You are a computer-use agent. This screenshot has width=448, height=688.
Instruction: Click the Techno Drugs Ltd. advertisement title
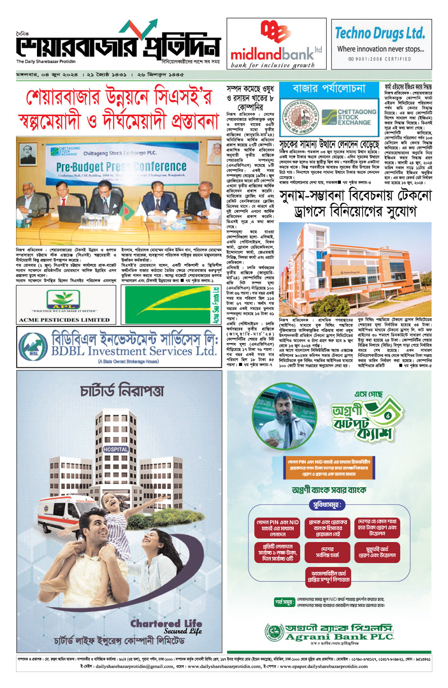[380, 33]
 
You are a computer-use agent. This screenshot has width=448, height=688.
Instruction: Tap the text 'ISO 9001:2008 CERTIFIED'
[380, 59]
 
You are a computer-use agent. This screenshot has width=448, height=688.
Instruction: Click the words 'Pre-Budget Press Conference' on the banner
[121, 167]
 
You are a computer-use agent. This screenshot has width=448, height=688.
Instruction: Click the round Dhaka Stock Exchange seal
[300, 117]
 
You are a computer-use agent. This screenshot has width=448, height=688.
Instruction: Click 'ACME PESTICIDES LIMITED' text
[64, 320]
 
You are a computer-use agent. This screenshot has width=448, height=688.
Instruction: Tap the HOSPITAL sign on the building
[116, 449]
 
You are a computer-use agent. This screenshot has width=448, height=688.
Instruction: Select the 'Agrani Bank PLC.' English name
[339, 637]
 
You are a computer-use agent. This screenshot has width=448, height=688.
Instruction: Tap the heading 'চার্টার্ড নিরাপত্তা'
[122, 391]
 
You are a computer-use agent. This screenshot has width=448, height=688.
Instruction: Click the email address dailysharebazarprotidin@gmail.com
[134, 666]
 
